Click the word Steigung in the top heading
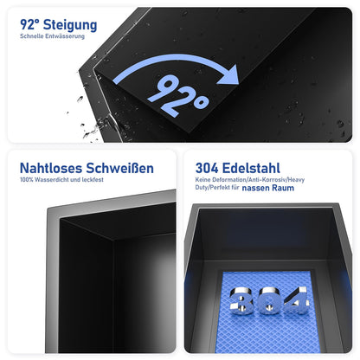[67, 25]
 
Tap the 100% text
[26, 180]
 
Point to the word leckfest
[99, 180]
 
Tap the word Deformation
[224, 179]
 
